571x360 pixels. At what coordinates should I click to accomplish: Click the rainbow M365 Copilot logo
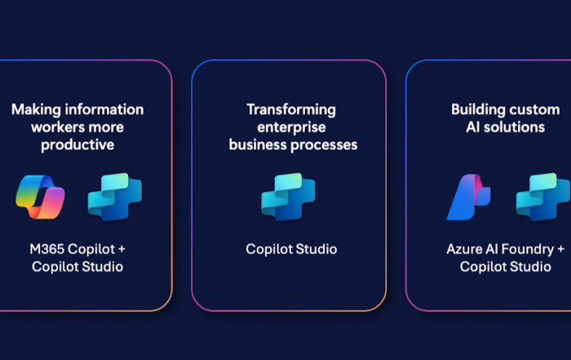(40, 197)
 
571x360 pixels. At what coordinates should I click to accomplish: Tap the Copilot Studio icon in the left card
(115, 197)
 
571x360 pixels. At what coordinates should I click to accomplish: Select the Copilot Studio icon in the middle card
(288, 197)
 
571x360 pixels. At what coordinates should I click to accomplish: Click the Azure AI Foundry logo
(469, 197)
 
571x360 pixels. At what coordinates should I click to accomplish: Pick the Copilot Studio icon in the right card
(543, 197)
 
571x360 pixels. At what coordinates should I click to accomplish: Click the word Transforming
(291, 110)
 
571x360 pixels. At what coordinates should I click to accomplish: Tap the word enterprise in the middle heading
(291, 127)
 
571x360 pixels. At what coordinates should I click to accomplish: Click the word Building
(477, 109)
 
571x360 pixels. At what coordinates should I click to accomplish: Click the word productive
(77, 145)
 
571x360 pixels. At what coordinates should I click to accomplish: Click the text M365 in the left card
(46, 249)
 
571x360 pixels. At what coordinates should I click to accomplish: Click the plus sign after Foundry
(560, 250)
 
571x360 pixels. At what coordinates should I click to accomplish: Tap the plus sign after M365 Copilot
(122, 250)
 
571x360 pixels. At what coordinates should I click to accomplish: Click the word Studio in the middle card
(316, 249)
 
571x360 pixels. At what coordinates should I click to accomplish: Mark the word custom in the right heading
(533, 109)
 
